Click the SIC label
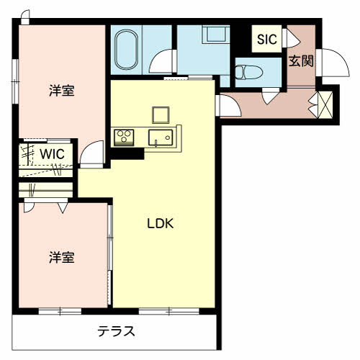[267, 39]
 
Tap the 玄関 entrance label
[301, 61]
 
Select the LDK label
[160, 224]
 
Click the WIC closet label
[53, 154]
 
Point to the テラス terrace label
[116, 331]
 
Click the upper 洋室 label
[62, 91]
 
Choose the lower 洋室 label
[62, 257]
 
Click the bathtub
[126, 50]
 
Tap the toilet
[249, 72]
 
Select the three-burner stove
[124, 138]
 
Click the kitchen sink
[161, 138]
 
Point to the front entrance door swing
[333, 63]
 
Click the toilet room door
[271, 96]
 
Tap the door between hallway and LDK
[228, 106]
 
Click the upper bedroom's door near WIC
[91, 154]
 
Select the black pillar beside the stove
[127, 153]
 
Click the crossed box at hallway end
[325, 104]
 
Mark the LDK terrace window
[169, 311]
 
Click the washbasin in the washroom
[216, 35]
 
